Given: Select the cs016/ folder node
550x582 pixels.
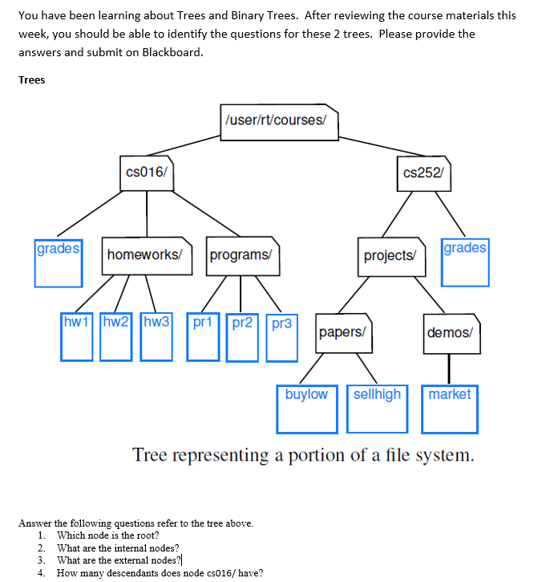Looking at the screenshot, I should coord(146,173).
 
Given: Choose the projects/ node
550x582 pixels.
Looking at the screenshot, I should coord(390,256).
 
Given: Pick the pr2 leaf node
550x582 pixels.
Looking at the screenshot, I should coord(243,337).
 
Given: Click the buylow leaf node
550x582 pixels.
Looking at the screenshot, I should coord(307,409).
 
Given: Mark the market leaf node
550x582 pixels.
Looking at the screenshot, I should coord(451,409).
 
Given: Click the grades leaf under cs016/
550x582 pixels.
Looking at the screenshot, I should coord(58,262).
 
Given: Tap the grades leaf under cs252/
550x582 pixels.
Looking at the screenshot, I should coord(465,261).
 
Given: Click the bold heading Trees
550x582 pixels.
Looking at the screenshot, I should coord(32,80).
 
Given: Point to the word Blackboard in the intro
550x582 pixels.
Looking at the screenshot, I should coord(172,52).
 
